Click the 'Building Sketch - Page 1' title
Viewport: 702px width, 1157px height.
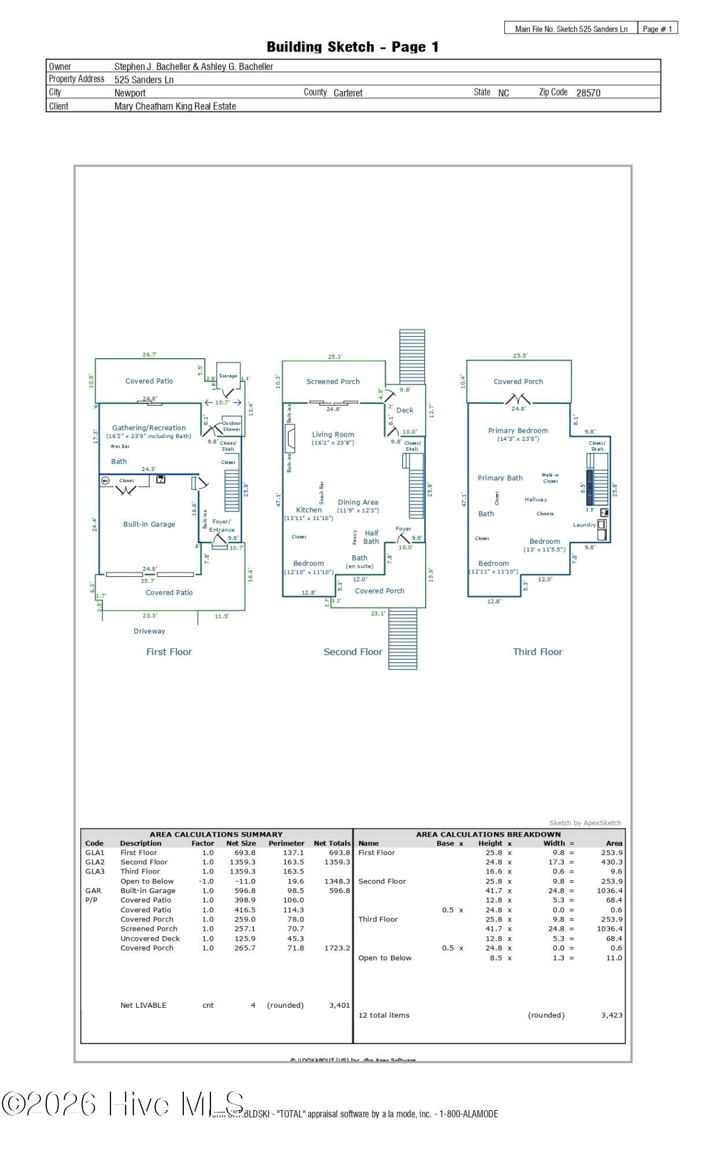click(x=352, y=47)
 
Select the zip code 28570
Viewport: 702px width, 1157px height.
click(x=588, y=93)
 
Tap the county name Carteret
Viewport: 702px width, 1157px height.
click(x=348, y=93)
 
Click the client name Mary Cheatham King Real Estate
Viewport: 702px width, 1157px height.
click(x=175, y=106)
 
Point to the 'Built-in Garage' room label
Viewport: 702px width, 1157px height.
click(x=149, y=524)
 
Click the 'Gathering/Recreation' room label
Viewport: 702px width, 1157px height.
click(x=149, y=428)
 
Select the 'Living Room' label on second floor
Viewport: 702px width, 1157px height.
click(x=332, y=434)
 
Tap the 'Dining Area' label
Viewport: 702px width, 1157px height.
click(x=357, y=502)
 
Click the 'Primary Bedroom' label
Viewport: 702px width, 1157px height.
click(x=518, y=430)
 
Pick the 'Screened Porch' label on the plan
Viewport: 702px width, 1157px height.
click(x=332, y=381)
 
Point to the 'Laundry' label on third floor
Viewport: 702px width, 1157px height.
click(x=584, y=525)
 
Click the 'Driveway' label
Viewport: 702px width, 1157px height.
click(x=149, y=631)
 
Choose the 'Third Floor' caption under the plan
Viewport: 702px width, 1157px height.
click(x=537, y=651)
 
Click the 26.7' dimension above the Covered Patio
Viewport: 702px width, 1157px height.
click(x=149, y=355)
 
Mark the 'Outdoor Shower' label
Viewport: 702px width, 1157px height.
click(x=231, y=426)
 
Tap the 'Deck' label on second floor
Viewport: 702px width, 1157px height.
click(x=405, y=410)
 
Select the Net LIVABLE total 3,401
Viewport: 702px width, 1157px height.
click(x=339, y=1005)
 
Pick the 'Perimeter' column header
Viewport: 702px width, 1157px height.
click(x=286, y=843)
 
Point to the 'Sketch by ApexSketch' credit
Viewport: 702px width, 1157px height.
click(x=585, y=823)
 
